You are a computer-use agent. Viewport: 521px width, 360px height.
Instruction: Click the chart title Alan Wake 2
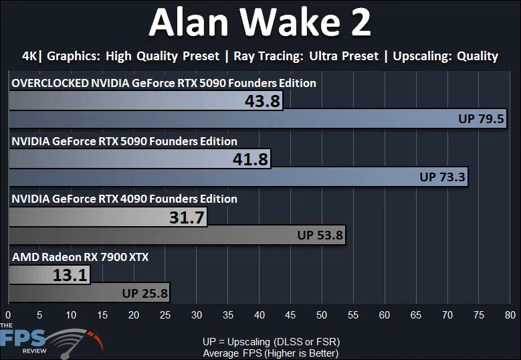tap(260, 22)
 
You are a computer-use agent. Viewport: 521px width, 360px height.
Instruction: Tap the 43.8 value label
tap(262, 101)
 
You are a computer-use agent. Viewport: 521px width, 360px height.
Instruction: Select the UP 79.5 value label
tap(481, 118)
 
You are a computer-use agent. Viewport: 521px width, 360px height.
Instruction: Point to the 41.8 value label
tap(250, 159)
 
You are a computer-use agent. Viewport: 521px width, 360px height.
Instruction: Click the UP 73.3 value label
tap(442, 177)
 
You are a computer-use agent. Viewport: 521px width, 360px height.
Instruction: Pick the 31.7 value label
tap(187, 217)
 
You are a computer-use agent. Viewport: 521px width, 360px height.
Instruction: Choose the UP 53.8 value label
tap(320, 235)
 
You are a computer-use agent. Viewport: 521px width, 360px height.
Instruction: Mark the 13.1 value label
tap(70, 275)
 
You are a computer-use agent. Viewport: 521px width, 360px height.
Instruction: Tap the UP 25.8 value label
tap(145, 293)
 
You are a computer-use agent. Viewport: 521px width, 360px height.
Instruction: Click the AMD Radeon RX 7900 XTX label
tap(80, 257)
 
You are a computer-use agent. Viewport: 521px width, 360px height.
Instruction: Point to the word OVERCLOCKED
tap(50, 83)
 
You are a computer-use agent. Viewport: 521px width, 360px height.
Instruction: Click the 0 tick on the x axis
tap(8, 314)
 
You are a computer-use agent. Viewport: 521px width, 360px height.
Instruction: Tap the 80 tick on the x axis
tap(510, 314)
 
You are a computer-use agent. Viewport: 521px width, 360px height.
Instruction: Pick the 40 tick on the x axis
tap(259, 314)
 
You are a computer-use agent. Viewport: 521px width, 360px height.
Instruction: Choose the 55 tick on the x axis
tap(353, 314)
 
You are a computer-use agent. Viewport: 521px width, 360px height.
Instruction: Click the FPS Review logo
tap(51, 341)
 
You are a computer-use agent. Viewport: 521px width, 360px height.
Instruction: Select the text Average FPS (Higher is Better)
tap(271, 353)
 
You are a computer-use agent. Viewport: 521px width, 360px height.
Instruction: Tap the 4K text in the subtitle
tap(30, 56)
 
